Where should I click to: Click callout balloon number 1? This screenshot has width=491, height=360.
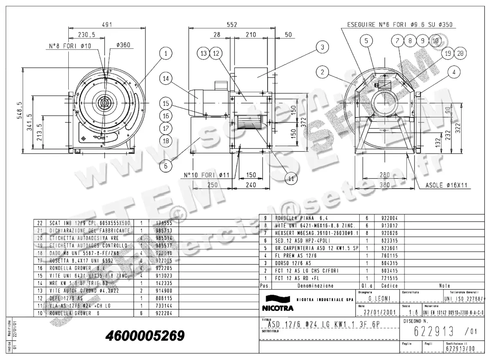[166, 53]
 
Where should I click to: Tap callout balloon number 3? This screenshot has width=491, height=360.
[322, 47]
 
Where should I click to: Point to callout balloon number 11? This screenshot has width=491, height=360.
[291, 179]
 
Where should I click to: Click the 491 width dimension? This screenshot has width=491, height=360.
[107, 25]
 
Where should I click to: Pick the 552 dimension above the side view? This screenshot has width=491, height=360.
[232, 25]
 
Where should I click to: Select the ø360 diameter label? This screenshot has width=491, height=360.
[123, 45]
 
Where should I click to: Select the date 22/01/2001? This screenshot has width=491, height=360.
[380, 312]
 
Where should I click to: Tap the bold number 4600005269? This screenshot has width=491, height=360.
[145, 336]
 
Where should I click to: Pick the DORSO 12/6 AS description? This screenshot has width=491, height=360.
[293, 263]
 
